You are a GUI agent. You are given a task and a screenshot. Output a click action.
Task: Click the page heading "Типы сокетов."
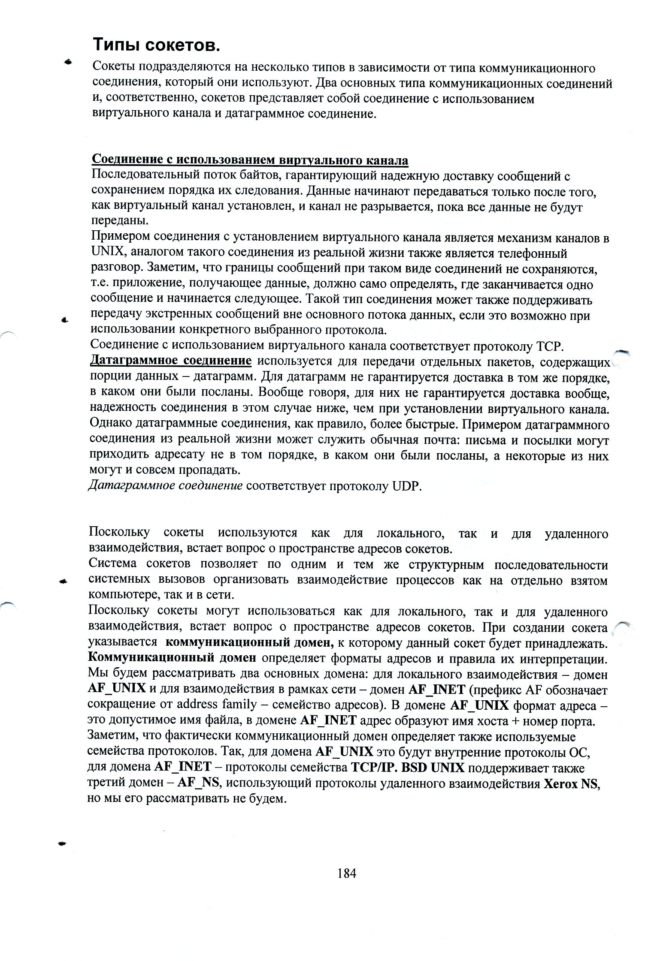(x=157, y=45)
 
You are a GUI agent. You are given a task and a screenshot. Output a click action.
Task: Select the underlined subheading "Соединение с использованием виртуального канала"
(x=250, y=160)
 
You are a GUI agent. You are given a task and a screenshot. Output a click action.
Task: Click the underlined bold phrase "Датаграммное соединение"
(x=170, y=361)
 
